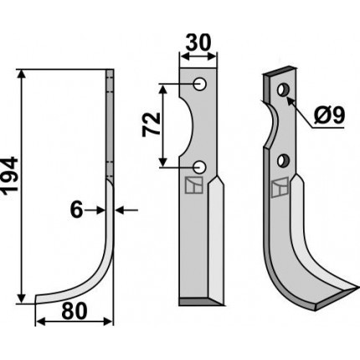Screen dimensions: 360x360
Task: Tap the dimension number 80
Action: click(75, 311)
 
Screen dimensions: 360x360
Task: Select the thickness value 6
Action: click(77, 210)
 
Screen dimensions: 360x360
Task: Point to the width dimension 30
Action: click(198, 43)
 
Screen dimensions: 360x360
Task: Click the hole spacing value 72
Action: click(152, 125)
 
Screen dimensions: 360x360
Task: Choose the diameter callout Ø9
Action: click(330, 116)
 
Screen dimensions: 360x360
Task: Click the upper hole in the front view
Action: click(199, 84)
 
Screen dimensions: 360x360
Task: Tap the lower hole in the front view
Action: click(199, 167)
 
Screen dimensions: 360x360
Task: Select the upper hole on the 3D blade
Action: click(282, 90)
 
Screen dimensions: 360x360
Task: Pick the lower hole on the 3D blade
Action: click(283, 160)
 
